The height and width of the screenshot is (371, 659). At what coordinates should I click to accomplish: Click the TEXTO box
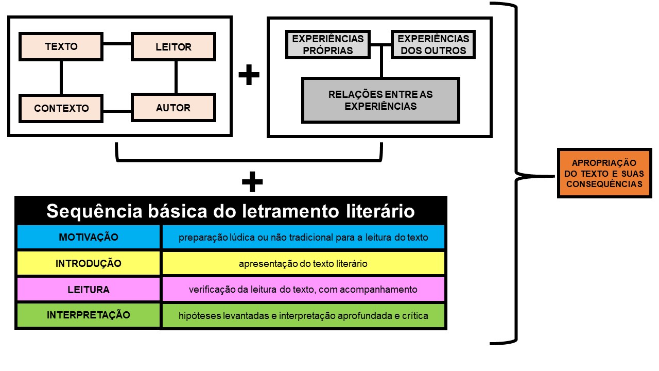pyautogui.click(x=61, y=47)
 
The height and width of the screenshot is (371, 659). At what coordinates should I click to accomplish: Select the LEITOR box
pyautogui.click(x=174, y=47)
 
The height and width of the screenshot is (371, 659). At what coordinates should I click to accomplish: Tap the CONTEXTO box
pyautogui.click(x=61, y=108)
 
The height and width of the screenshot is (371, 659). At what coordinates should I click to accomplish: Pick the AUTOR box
pyautogui.click(x=174, y=108)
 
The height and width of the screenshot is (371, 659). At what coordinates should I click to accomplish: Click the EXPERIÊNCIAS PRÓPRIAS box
pyautogui.click(x=327, y=44)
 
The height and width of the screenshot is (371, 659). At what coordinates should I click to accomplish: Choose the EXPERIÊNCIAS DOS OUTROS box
pyautogui.click(x=433, y=44)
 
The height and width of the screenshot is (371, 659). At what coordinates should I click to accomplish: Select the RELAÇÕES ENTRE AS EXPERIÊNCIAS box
pyautogui.click(x=380, y=100)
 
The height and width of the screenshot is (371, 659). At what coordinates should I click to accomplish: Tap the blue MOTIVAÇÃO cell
pyautogui.click(x=89, y=237)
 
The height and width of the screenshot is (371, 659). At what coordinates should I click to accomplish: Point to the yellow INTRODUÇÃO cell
pyautogui.click(x=89, y=263)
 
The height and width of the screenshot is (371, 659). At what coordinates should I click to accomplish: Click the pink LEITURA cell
pyautogui.click(x=89, y=290)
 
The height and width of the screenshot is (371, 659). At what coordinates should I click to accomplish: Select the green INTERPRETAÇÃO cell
pyautogui.click(x=89, y=315)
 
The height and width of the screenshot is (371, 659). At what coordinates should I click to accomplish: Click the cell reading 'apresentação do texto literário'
pyautogui.click(x=303, y=263)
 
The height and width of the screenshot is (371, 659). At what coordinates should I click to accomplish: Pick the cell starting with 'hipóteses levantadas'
pyautogui.click(x=303, y=315)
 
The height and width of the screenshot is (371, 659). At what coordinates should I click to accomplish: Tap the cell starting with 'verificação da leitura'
pyautogui.click(x=303, y=290)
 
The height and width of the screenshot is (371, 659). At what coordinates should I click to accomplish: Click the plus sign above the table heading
pyautogui.click(x=252, y=182)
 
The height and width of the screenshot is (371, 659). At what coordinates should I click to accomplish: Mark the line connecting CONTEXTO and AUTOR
pyautogui.click(x=117, y=110)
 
